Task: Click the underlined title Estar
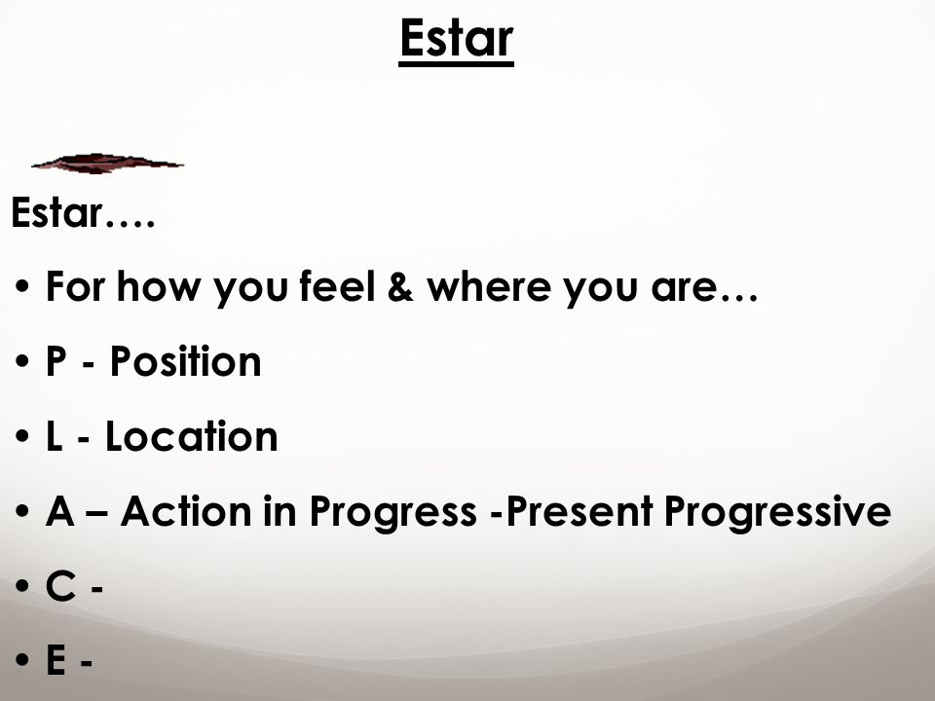coord(456,39)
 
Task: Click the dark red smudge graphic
coord(107,164)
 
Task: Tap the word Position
coord(185,362)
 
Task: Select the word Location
coord(192,436)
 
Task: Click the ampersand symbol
coord(400,286)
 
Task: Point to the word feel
coord(338,286)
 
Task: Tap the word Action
coord(186,511)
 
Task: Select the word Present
coord(580,511)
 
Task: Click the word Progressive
coord(777,512)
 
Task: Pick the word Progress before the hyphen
coord(393,512)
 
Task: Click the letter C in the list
coord(60,586)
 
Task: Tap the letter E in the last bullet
coord(56,660)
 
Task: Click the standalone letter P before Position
coord(56,362)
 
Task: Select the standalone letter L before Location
coord(55,436)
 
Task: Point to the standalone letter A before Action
coord(60,511)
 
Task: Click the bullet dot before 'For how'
coord(22,286)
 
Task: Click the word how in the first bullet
coord(159,286)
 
